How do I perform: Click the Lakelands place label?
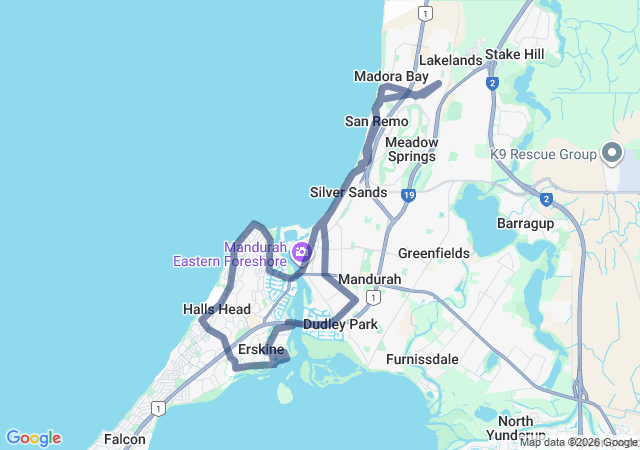pos(450,61)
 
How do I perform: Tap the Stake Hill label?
pos(515,54)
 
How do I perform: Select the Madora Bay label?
pos(391,77)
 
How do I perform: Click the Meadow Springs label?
pos(411,149)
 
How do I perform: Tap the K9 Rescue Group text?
pos(543,154)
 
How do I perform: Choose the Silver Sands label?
pos(348,192)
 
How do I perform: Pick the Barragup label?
pos(525,223)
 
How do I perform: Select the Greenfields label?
pos(434,253)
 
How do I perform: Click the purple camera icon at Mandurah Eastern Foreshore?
pos(300,250)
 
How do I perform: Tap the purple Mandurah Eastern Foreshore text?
pos(230,254)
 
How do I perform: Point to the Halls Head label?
pos(217,310)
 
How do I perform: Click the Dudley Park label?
pos(340,325)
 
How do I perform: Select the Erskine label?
pos(261,350)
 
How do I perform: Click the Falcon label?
pos(124,439)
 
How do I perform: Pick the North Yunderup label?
pos(515,428)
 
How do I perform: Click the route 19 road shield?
pos(409,196)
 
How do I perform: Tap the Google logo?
pos(33,438)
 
